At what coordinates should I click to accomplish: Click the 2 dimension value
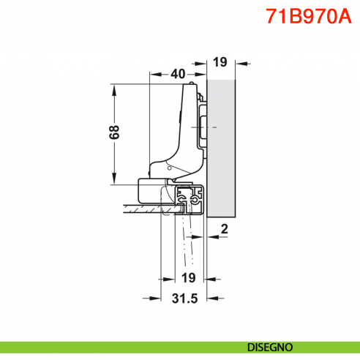[x=225, y=229]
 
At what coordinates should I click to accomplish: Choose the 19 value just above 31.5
[x=187, y=277]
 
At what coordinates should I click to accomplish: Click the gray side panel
[x=221, y=146]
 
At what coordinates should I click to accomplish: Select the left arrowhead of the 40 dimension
[x=153, y=74]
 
